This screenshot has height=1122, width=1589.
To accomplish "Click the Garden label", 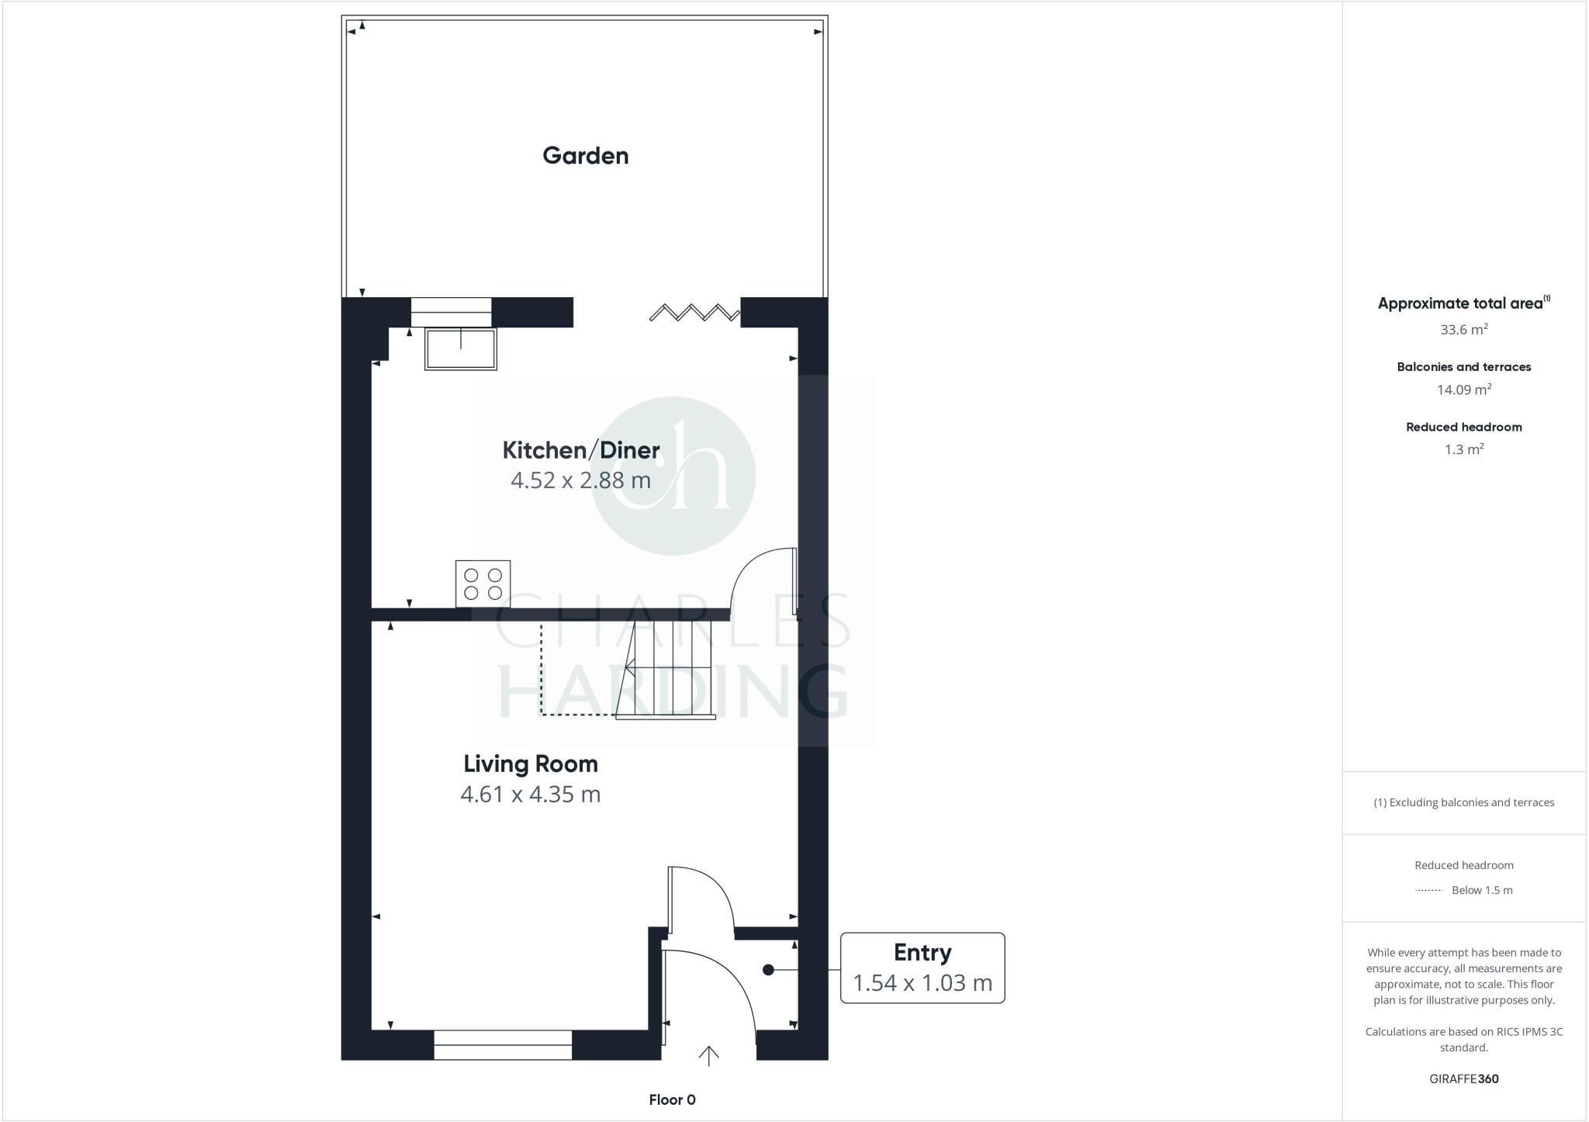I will point(585,156).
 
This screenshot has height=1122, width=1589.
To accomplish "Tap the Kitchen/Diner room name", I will point(581,450).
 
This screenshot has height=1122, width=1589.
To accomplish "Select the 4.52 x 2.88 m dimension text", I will point(580,480).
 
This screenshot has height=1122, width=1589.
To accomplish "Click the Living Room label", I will point(531,764).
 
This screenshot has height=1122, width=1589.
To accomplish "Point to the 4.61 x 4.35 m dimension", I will point(531,795).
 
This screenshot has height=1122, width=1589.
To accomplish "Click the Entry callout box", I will point(923,968).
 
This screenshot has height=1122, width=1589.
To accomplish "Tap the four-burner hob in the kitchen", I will point(483,584).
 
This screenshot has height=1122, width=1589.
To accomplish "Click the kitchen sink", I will point(460,349).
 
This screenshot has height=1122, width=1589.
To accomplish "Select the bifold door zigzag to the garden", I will point(694,313).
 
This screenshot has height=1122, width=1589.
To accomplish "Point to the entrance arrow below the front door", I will point(708,1055).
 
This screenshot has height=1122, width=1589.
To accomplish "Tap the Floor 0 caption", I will point(672,1099).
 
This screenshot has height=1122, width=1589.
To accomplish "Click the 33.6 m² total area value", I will point(1463,330).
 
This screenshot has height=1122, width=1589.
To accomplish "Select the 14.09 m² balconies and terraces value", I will point(1463,390).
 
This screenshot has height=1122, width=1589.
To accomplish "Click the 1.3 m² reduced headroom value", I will point(1463,449).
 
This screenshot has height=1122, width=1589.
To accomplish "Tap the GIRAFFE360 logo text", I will point(1463,1079).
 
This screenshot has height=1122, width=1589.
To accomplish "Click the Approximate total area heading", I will point(1463,303).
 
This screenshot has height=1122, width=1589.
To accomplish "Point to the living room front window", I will point(503,1044).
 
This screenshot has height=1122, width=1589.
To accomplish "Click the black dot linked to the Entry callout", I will point(768,970).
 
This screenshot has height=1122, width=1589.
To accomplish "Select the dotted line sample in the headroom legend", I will point(1428,891).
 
